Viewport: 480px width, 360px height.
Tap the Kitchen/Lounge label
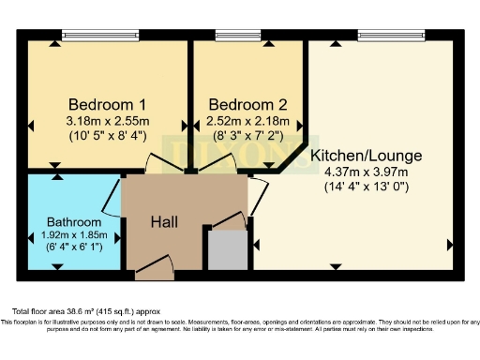click(x=366, y=155)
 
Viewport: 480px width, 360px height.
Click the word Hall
click(x=167, y=222)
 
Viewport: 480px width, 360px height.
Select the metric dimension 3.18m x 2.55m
click(x=105, y=122)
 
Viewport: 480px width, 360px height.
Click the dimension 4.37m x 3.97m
click(x=366, y=172)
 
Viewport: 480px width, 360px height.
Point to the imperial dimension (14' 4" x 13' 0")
click(x=366, y=187)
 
